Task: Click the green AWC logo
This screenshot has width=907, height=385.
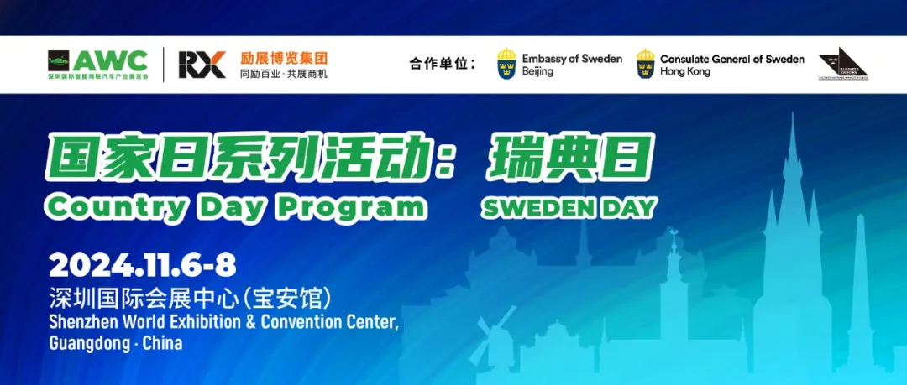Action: (98, 64)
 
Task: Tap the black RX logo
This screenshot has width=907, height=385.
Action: (202, 65)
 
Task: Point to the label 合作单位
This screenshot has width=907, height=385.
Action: (442, 65)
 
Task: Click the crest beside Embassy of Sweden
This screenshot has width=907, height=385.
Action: (506, 65)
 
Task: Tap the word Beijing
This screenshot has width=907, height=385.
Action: (537, 72)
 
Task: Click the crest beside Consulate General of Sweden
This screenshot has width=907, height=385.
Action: (645, 65)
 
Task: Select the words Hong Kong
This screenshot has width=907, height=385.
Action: (684, 72)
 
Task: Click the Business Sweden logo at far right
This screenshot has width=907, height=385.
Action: (842, 64)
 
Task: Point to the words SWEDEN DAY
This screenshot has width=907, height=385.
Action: (569, 208)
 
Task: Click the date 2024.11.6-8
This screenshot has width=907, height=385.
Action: (142, 267)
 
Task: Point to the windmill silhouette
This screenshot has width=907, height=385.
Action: (494, 341)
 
